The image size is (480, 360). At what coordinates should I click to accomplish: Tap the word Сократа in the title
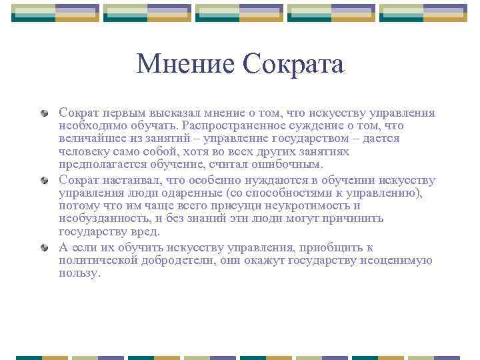(x=293, y=64)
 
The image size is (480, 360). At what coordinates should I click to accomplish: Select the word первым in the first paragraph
(x=119, y=113)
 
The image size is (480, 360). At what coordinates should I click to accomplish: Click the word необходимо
(x=89, y=126)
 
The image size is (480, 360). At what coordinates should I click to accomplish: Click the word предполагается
(x=99, y=164)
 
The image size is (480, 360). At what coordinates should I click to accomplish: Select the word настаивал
(x=128, y=180)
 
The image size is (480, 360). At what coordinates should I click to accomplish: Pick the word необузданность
(x=99, y=219)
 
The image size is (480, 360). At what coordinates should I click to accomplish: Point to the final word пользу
(x=79, y=273)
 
